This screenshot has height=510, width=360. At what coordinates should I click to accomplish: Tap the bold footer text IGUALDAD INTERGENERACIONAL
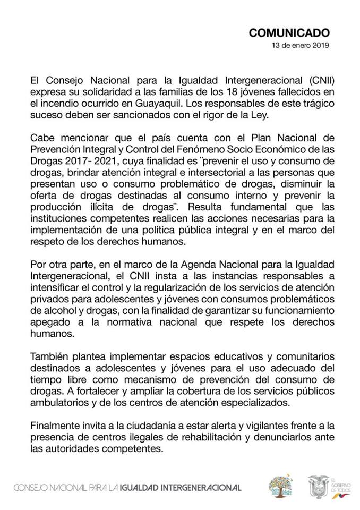[180, 487]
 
